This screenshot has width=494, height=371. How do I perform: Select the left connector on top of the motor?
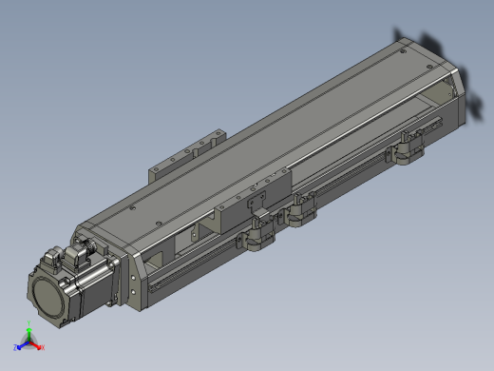56,258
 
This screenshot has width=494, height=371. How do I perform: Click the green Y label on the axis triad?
29,326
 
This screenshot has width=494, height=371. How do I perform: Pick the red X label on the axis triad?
42,347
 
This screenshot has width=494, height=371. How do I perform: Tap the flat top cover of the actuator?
285,124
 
